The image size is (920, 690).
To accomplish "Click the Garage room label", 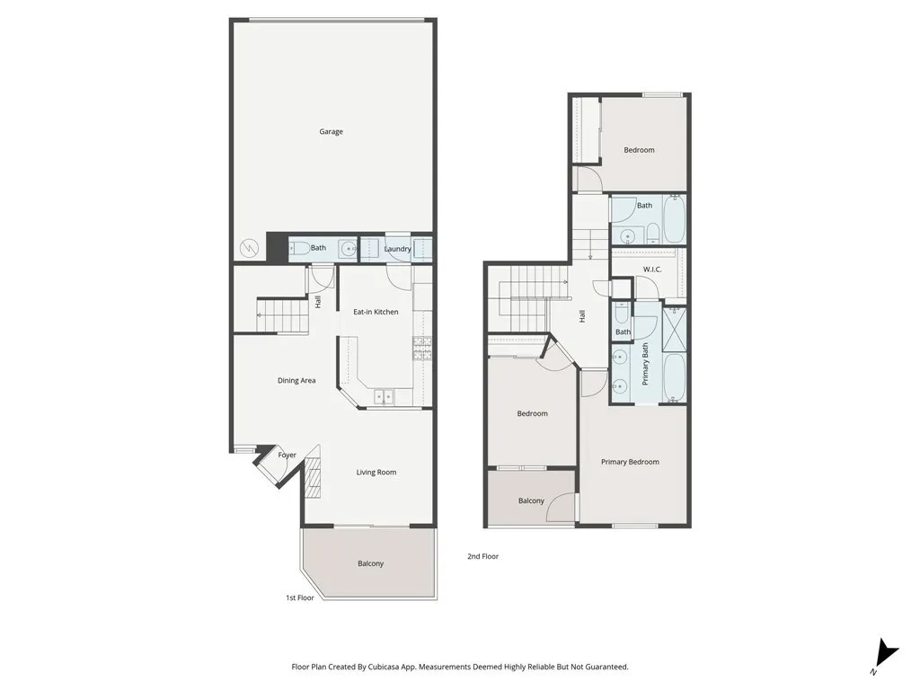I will (x=331, y=132).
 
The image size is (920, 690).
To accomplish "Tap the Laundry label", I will (x=397, y=249).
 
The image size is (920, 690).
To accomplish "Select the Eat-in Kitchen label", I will (x=376, y=312).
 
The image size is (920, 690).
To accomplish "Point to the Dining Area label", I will (x=296, y=381).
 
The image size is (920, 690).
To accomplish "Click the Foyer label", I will (x=287, y=456).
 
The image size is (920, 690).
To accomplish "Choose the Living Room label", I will (x=376, y=473).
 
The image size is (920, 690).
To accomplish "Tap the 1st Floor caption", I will (x=300, y=597).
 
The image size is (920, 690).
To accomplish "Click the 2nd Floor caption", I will (x=482, y=557).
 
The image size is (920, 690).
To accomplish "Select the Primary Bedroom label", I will (x=630, y=462).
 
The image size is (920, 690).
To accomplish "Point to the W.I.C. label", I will (x=652, y=270).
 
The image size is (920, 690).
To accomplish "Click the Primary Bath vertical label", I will (x=645, y=364).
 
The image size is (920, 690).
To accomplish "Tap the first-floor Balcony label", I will (x=370, y=564).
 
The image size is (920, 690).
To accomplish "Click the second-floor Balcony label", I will (x=531, y=501).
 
